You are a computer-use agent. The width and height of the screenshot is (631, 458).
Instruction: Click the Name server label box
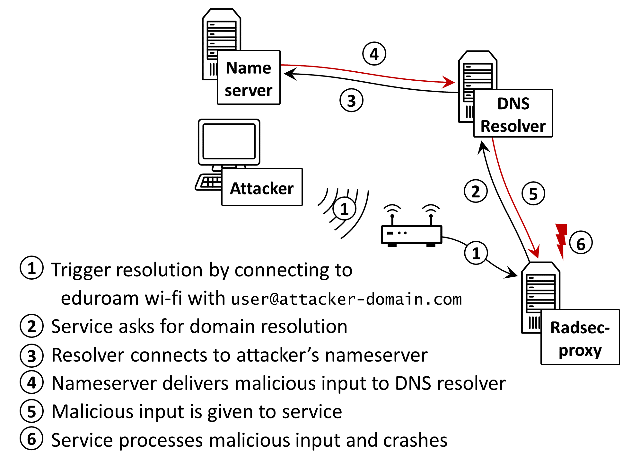point(249,77)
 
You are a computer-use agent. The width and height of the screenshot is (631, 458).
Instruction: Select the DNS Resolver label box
point(513,113)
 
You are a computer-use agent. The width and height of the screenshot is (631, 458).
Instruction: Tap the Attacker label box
point(262,187)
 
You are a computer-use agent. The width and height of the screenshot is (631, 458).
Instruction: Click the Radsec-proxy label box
point(580,337)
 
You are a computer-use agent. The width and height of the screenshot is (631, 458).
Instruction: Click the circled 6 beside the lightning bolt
point(581,243)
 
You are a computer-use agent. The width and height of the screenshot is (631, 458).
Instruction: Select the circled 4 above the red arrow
point(374,54)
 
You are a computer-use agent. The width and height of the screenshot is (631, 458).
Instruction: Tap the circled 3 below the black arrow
point(351,101)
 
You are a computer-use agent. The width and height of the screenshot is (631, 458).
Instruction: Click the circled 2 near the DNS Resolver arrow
point(476,191)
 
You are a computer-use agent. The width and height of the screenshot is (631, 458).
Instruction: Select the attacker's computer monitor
point(229,142)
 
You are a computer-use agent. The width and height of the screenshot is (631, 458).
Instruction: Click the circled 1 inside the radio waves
point(344,209)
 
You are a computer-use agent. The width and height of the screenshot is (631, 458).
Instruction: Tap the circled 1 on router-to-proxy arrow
point(476,253)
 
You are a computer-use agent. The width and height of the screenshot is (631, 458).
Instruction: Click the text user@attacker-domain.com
point(346,299)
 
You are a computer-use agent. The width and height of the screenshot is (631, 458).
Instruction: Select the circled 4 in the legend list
point(31,382)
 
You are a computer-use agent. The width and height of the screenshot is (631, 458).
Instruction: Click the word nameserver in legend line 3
point(376,355)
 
